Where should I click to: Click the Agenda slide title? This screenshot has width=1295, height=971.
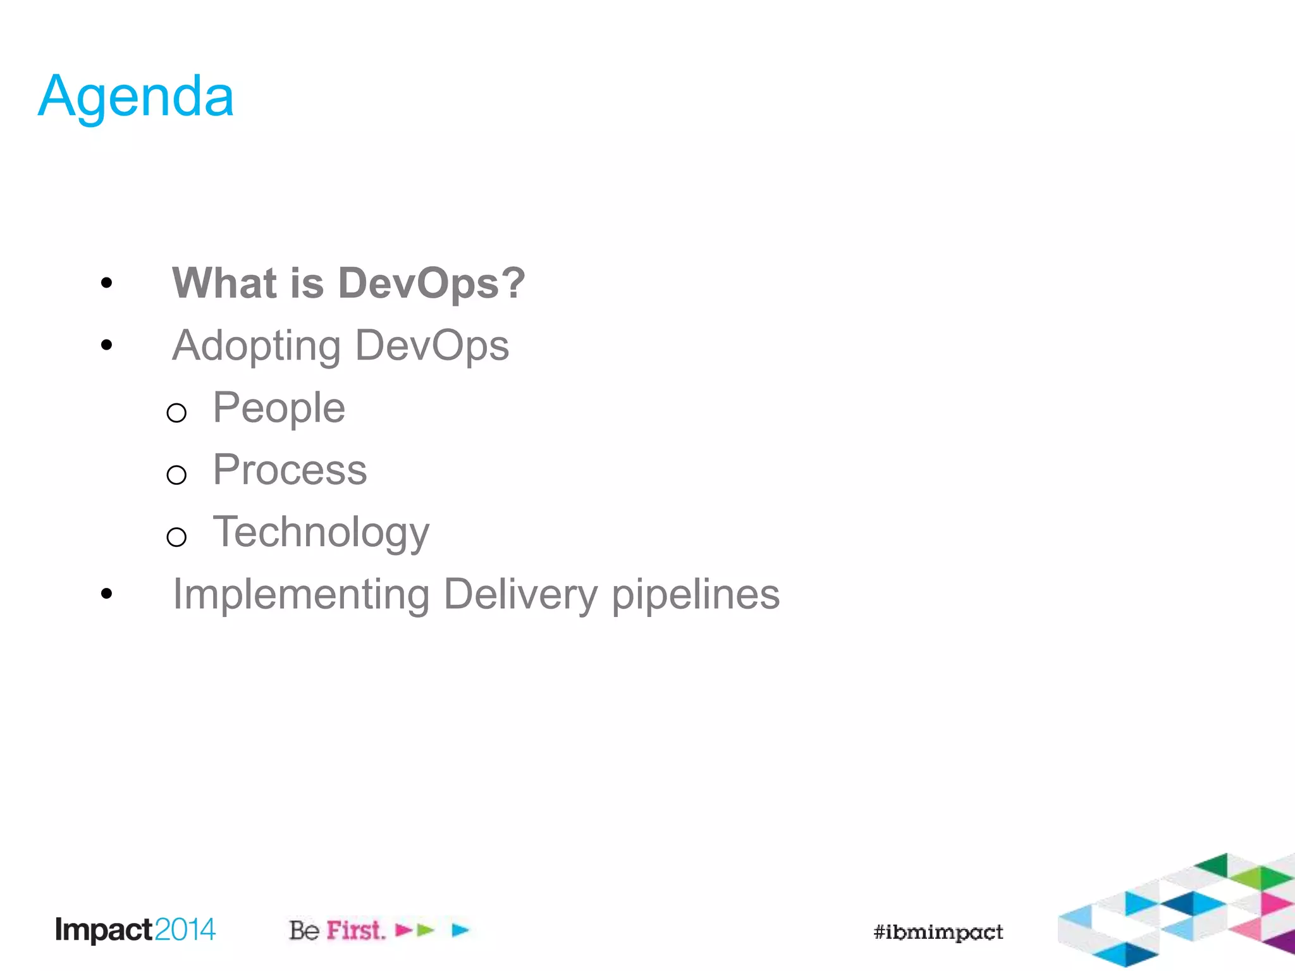click(136, 97)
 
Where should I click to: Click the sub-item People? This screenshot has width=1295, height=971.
click(279, 408)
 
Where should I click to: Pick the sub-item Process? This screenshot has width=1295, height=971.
click(290, 470)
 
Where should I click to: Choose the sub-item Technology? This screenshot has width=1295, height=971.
click(321, 532)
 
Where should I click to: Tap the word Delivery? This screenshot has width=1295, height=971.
click(520, 595)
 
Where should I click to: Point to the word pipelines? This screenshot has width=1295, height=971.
click(696, 595)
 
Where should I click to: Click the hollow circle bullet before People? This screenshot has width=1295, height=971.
click(176, 413)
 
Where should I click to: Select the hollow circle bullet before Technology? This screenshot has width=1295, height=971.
click(176, 537)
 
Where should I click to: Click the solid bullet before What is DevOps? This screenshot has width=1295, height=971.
click(106, 283)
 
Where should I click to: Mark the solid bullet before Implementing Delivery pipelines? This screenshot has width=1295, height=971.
click(106, 594)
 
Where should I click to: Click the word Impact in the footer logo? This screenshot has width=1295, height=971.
click(104, 931)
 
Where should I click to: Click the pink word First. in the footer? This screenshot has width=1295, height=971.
click(356, 931)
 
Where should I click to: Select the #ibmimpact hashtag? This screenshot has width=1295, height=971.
click(938, 932)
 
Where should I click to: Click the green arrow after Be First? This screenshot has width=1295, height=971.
click(426, 930)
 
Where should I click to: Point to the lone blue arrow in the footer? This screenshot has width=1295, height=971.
click(460, 930)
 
